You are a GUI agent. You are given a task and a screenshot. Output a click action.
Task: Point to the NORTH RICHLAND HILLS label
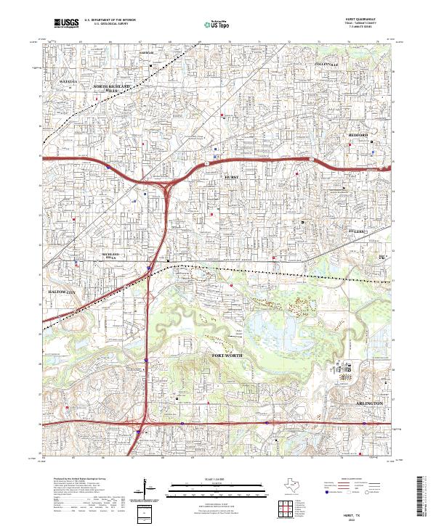click(113, 89)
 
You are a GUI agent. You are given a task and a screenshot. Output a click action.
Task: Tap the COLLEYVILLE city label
click(326, 65)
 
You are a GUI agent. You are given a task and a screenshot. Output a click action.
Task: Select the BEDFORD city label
click(358, 136)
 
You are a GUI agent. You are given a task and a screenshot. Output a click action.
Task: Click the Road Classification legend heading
click(347, 479)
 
